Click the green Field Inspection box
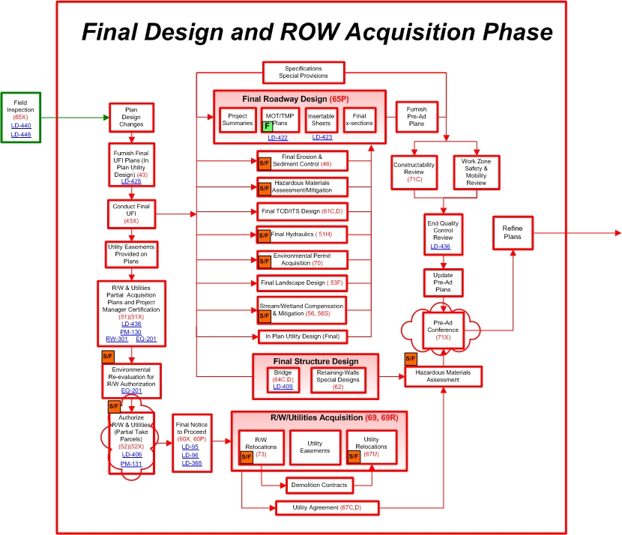pyautogui.click(x=20, y=116)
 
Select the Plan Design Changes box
pyautogui.click(x=131, y=118)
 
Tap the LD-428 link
pyautogui.click(x=131, y=181)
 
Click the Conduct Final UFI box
pyautogui.click(x=131, y=214)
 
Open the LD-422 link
pyautogui.click(x=278, y=138)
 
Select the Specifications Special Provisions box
pyautogui.click(x=304, y=73)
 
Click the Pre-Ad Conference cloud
pyautogui.click(x=444, y=327)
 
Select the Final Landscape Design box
pyautogui.click(x=302, y=283)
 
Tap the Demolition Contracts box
pyautogui.click(x=318, y=486)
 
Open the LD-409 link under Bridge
pyautogui.click(x=283, y=387)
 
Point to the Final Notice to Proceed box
pyautogui.click(x=190, y=441)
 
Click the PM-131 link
pyautogui.click(x=131, y=464)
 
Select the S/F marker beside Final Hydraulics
pyautogui.click(x=264, y=235)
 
